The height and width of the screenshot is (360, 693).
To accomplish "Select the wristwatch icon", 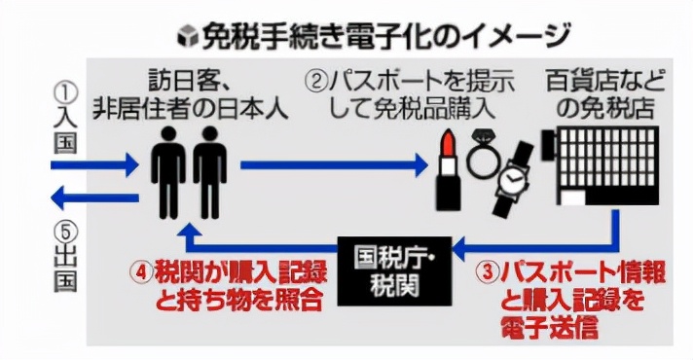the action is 510,181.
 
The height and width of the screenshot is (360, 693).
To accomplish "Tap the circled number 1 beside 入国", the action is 65,93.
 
